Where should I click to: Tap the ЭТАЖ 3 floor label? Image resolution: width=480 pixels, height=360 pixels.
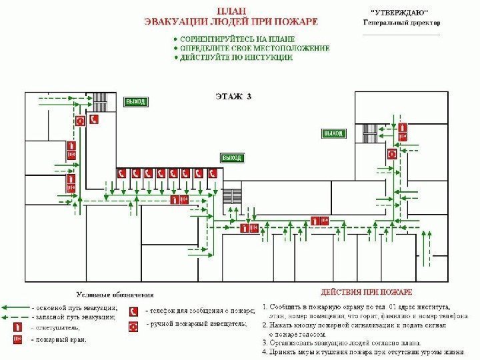(233, 96)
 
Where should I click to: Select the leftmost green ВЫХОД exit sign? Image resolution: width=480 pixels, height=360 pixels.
(135, 101)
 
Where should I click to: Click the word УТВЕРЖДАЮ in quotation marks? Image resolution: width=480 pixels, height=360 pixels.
(399, 13)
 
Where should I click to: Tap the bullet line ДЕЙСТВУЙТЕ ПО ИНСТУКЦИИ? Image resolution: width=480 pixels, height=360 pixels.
(235, 58)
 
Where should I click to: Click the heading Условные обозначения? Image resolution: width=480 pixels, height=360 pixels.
(114, 294)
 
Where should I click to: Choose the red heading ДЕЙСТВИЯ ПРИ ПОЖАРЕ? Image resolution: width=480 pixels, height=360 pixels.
(366, 293)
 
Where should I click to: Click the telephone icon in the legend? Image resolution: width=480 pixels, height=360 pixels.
(134, 311)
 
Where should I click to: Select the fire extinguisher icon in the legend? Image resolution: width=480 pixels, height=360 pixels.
(16, 327)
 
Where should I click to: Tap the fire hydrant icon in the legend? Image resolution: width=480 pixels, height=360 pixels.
(16, 340)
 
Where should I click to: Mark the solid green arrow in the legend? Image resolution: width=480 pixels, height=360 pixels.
(15, 308)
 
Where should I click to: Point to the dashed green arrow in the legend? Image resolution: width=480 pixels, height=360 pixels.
(15, 317)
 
